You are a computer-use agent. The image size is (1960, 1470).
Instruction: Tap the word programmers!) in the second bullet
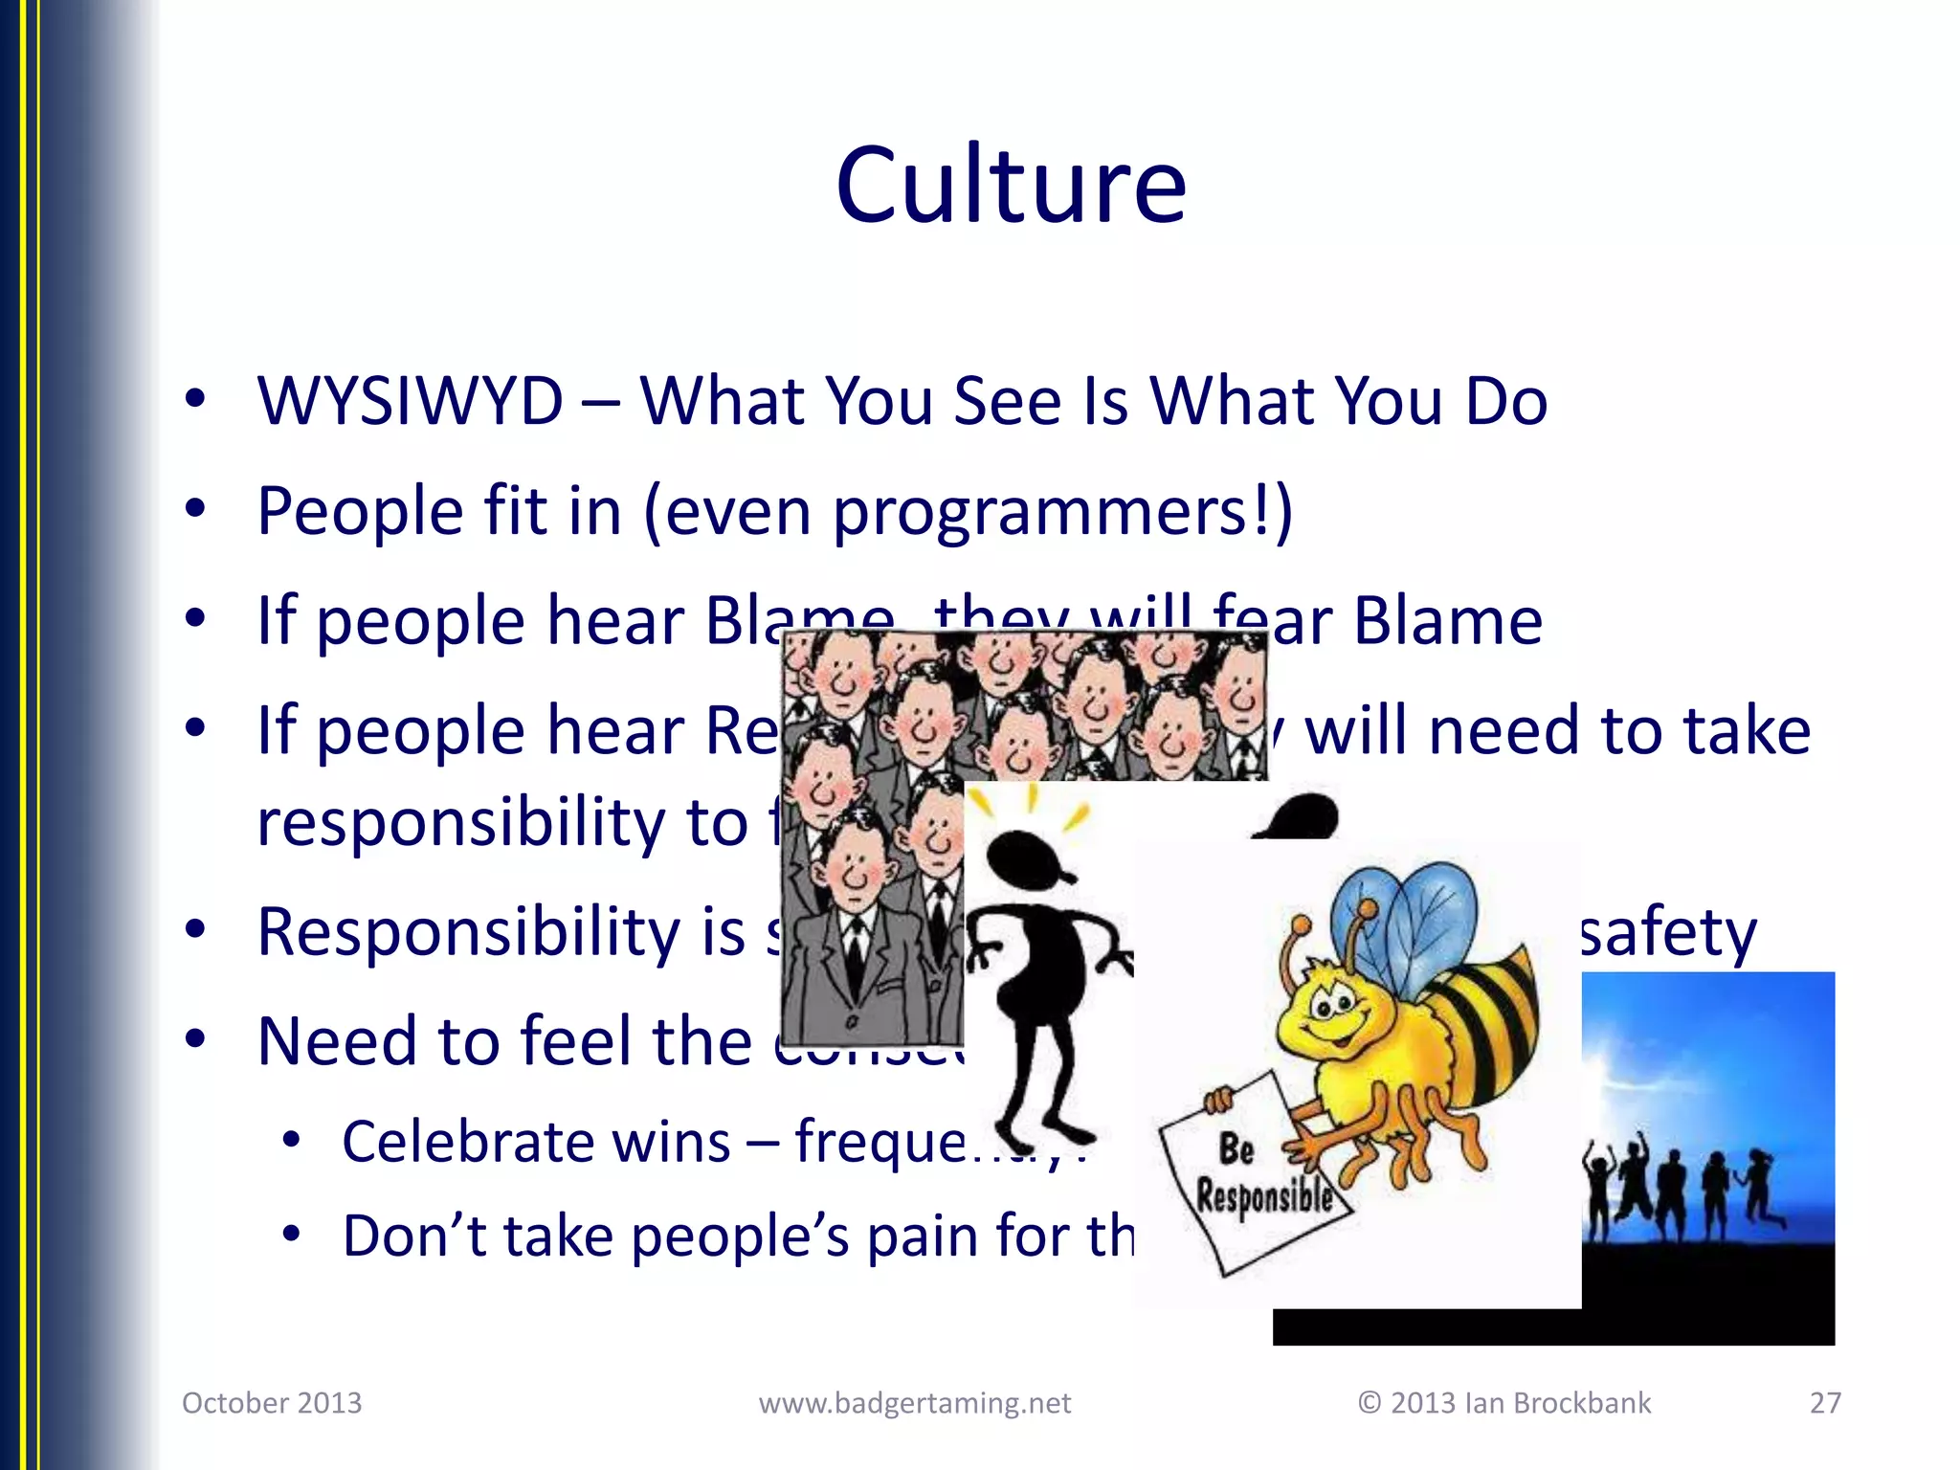coord(1062,511)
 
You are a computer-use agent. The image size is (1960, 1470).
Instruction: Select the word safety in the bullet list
coord(1666,932)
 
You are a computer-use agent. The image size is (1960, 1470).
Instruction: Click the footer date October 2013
coord(272,1403)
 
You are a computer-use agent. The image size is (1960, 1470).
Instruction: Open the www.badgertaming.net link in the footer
coord(914,1403)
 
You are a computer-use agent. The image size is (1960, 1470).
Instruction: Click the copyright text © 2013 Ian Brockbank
coord(1503,1403)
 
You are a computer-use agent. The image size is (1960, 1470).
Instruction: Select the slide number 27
coord(1825,1403)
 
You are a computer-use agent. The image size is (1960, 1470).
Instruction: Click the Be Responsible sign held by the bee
coord(1254,1172)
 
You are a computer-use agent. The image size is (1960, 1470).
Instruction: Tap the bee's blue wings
coord(1416,919)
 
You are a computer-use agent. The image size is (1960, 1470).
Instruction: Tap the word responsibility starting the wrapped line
coord(459,823)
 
